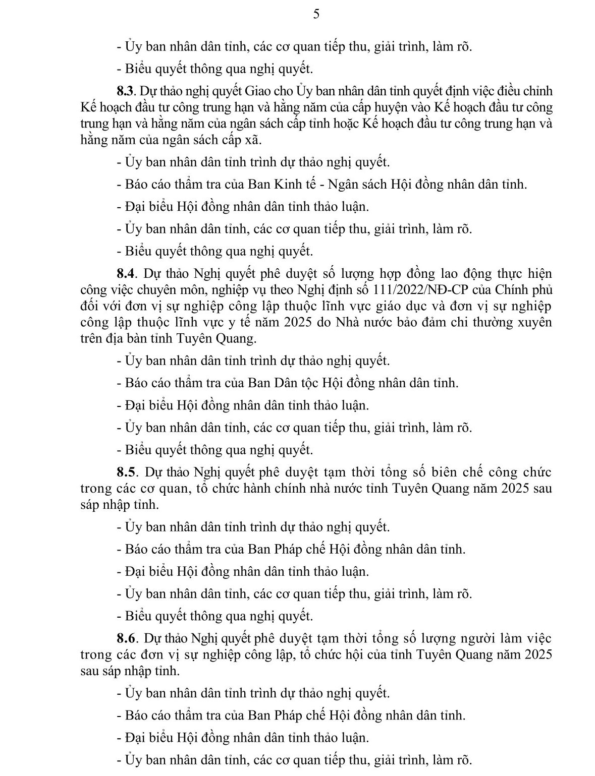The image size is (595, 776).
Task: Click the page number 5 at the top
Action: tap(316, 14)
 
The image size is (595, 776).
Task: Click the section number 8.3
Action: tap(125, 91)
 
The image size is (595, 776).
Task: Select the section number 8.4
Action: tap(125, 274)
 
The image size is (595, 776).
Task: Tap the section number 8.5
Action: tap(125, 472)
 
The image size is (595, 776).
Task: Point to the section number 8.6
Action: tap(125, 638)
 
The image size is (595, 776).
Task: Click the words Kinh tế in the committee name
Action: tap(292, 185)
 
